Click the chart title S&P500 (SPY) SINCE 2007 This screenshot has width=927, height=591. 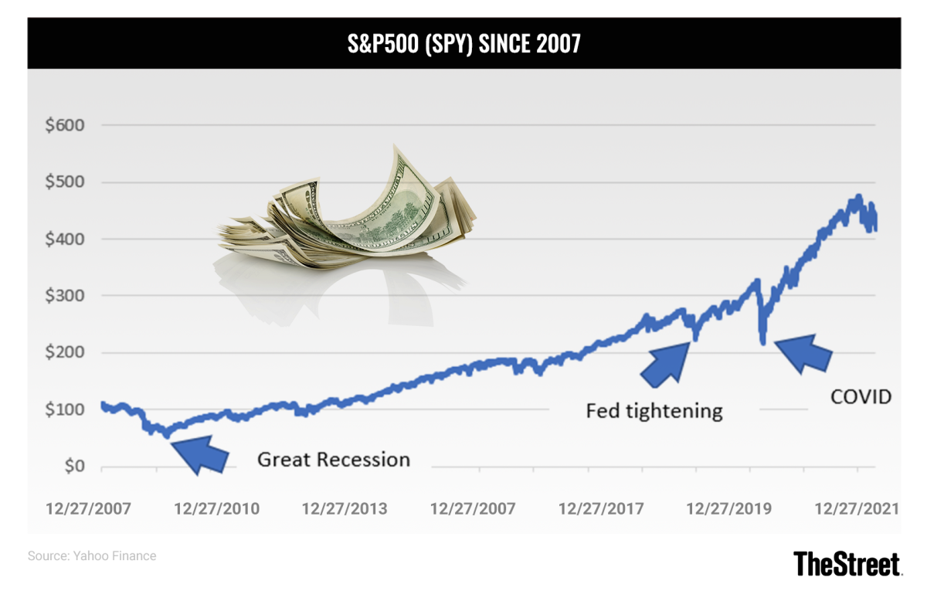(463, 44)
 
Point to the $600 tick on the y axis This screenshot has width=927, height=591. (65, 125)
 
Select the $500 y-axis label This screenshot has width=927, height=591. (65, 182)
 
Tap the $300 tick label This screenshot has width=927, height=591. (65, 296)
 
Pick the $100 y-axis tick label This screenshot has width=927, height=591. (65, 409)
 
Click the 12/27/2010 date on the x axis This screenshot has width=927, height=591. (217, 509)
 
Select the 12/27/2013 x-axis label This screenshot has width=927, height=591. (345, 509)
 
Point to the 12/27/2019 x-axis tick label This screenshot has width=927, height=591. (728, 509)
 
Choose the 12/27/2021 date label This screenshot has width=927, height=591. (857, 509)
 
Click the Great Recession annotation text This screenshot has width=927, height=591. (334, 460)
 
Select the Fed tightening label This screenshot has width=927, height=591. (654, 410)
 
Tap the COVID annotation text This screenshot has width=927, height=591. (861, 397)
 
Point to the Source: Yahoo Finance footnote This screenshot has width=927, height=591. (92, 555)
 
